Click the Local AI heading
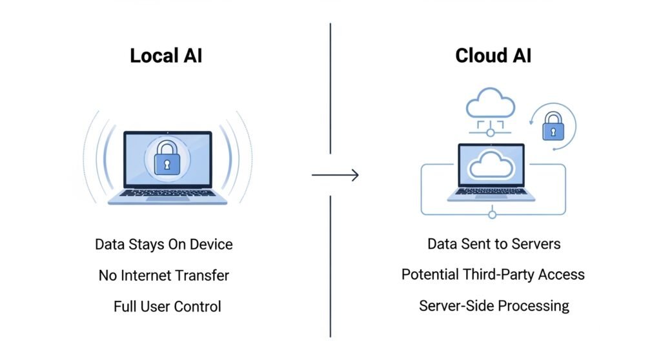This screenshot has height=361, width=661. [x=166, y=56]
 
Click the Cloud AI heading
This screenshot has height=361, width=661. [x=493, y=56]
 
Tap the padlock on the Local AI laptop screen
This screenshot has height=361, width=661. [x=168, y=157]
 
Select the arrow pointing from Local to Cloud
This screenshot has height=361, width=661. [x=335, y=175]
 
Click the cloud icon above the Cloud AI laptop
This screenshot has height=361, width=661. [x=491, y=103]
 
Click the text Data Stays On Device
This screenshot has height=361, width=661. [x=164, y=245]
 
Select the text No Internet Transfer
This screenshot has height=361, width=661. [x=164, y=276]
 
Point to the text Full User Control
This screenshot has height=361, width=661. [x=167, y=306]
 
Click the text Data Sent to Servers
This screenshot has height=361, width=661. [x=494, y=243]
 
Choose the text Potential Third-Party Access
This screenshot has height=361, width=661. [x=493, y=274]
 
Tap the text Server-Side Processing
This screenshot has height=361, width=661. [x=494, y=305]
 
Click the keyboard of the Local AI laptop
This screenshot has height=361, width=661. [x=167, y=192]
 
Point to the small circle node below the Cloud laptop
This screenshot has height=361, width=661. [x=493, y=214]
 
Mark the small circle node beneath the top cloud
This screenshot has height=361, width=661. [x=491, y=132]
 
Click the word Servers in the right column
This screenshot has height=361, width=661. [x=536, y=243]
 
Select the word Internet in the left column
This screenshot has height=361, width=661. [x=150, y=276]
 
